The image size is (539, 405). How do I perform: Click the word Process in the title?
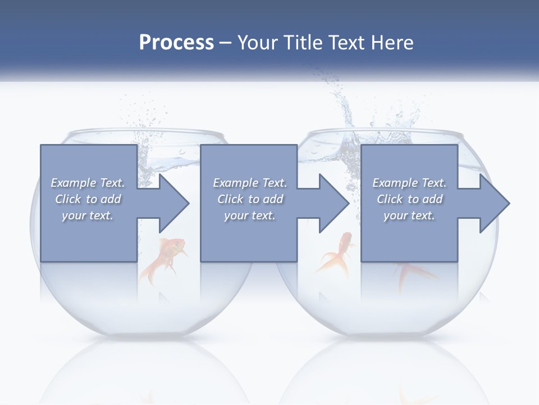[x=176, y=43]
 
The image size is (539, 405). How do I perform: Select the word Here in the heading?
[x=391, y=43]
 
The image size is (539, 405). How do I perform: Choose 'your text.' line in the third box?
[x=409, y=215]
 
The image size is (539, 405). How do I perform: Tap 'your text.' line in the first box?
[x=87, y=215]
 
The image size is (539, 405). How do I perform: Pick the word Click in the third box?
[x=390, y=199]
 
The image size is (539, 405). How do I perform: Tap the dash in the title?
[x=226, y=43]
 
